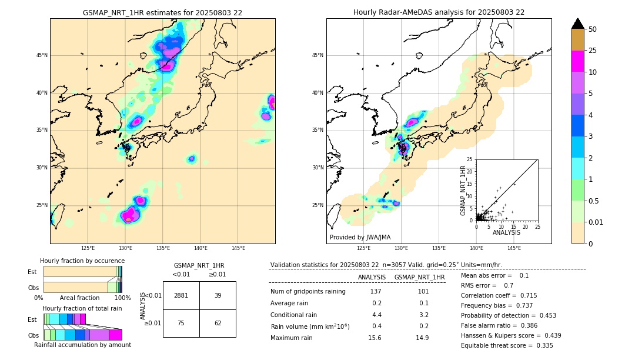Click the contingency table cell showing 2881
181,295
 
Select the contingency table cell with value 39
218,295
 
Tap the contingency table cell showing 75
181,323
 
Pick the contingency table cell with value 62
218,323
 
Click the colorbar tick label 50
593,29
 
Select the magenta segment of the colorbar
578,61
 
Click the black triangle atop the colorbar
578,24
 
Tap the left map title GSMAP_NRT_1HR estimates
162,12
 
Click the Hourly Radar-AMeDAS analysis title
439,12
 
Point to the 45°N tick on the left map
42,55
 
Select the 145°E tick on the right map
514,248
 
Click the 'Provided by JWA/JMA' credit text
360,238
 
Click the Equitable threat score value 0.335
540,345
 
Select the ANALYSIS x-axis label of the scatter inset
506,232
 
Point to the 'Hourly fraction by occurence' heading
82,261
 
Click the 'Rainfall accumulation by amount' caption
87,345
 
